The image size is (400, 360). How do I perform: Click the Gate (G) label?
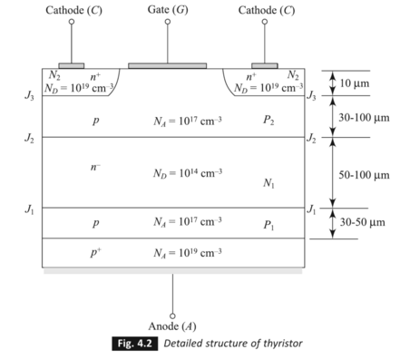pos(167,9)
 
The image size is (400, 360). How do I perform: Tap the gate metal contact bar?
pos(167,65)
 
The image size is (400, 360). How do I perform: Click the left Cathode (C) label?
pos(72,9)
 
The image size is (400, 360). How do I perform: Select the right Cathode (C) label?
pos(264,9)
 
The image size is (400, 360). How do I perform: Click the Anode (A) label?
pos(173,326)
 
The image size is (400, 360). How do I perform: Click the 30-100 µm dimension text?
pos(363,118)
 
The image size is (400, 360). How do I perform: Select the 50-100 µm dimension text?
pos(363,173)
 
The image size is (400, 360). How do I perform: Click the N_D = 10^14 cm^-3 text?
pos(188,172)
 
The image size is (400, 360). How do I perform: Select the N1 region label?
pos(268,184)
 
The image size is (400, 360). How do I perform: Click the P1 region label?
pos(268,224)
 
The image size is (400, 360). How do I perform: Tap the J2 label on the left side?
pos(29,139)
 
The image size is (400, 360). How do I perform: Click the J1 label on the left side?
pos(29,208)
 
